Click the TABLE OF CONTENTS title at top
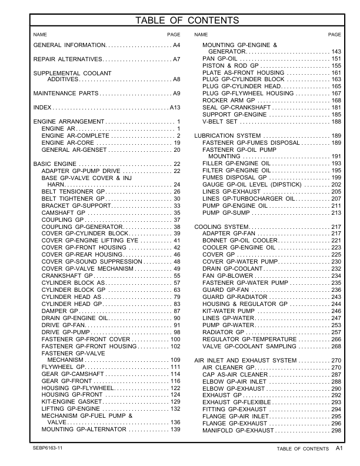click(x=187, y=21)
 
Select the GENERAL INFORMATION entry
click(x=70, y=45)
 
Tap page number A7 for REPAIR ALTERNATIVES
click(x=176, y=60)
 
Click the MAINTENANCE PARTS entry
click(x=65, y=94)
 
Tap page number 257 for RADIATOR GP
click(x=336, y=332)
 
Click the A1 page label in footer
click(x=339, y=448)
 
